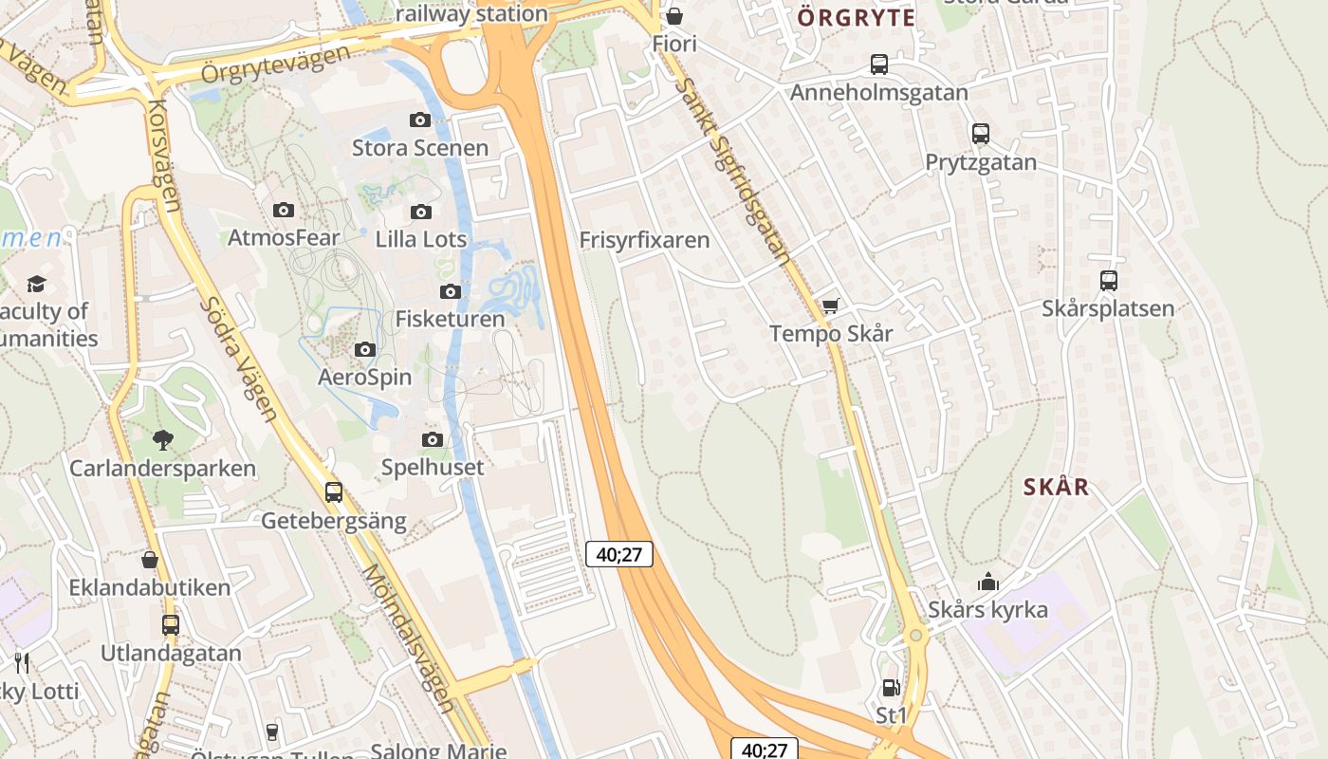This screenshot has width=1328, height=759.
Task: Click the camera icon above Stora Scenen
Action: (x=420, y=120)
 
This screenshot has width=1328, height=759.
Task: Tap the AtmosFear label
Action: (x=284, y=237)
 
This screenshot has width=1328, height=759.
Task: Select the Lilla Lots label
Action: (x=421, y=239)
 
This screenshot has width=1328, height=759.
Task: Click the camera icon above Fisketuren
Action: (x=451, y=291)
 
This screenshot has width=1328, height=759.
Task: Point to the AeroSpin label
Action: (x=364, y=377)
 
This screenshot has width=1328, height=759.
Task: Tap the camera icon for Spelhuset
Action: (x=433, y=439)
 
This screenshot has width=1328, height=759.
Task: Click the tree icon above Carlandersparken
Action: (x=163, y=439)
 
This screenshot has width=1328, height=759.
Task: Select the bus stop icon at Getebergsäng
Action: (x=334, y=492)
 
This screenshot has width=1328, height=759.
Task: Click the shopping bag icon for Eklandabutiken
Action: (x=150, y=560)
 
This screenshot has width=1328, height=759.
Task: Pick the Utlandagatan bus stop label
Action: (x=171, y=653)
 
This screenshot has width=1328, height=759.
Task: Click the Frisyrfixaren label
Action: (x=644, y=240)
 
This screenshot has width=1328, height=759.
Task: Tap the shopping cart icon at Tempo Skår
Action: (x=831, y=305)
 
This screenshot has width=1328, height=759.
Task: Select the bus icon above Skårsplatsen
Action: (x=1108, y=281)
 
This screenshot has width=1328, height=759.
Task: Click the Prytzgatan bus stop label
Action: (x=981, y=162)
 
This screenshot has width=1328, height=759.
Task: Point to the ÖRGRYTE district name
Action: (x=857, y=18)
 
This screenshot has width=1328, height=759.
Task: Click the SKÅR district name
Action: (x=1056, y=488)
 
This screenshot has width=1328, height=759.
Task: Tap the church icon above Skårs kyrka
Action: (x=988, y=582)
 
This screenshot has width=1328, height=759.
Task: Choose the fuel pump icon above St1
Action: (x=891, y=688)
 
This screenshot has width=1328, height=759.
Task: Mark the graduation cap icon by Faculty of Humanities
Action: (x=36, y=284)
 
